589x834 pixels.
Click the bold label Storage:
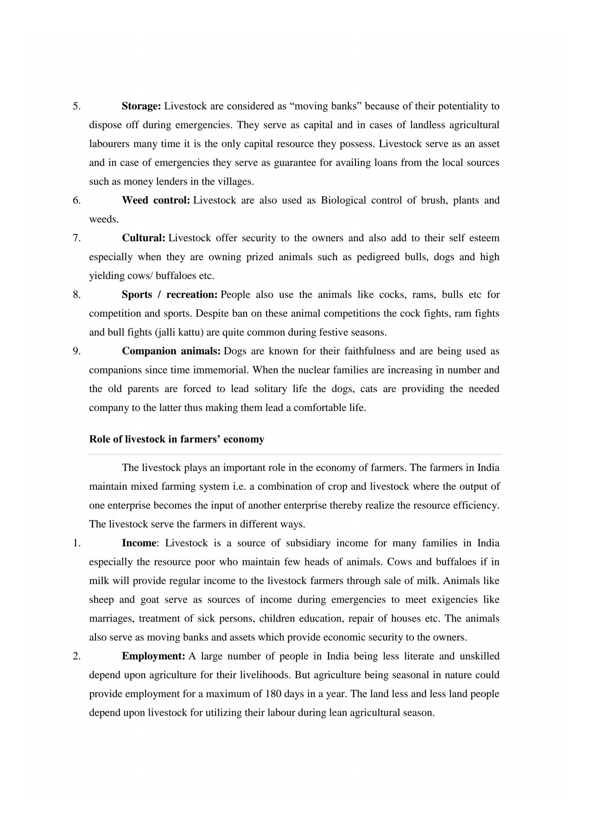[x=141, y=106]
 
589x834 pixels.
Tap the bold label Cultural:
[x=143, y=238]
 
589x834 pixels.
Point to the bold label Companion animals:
[x=171, y=351]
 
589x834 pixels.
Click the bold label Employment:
[x=153, y=656]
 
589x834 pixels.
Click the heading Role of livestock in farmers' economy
[x=177, y=439]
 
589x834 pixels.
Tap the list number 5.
[x=76, y=106]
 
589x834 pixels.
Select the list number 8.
[x=76, y=295]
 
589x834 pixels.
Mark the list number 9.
[x=76, y=351]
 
